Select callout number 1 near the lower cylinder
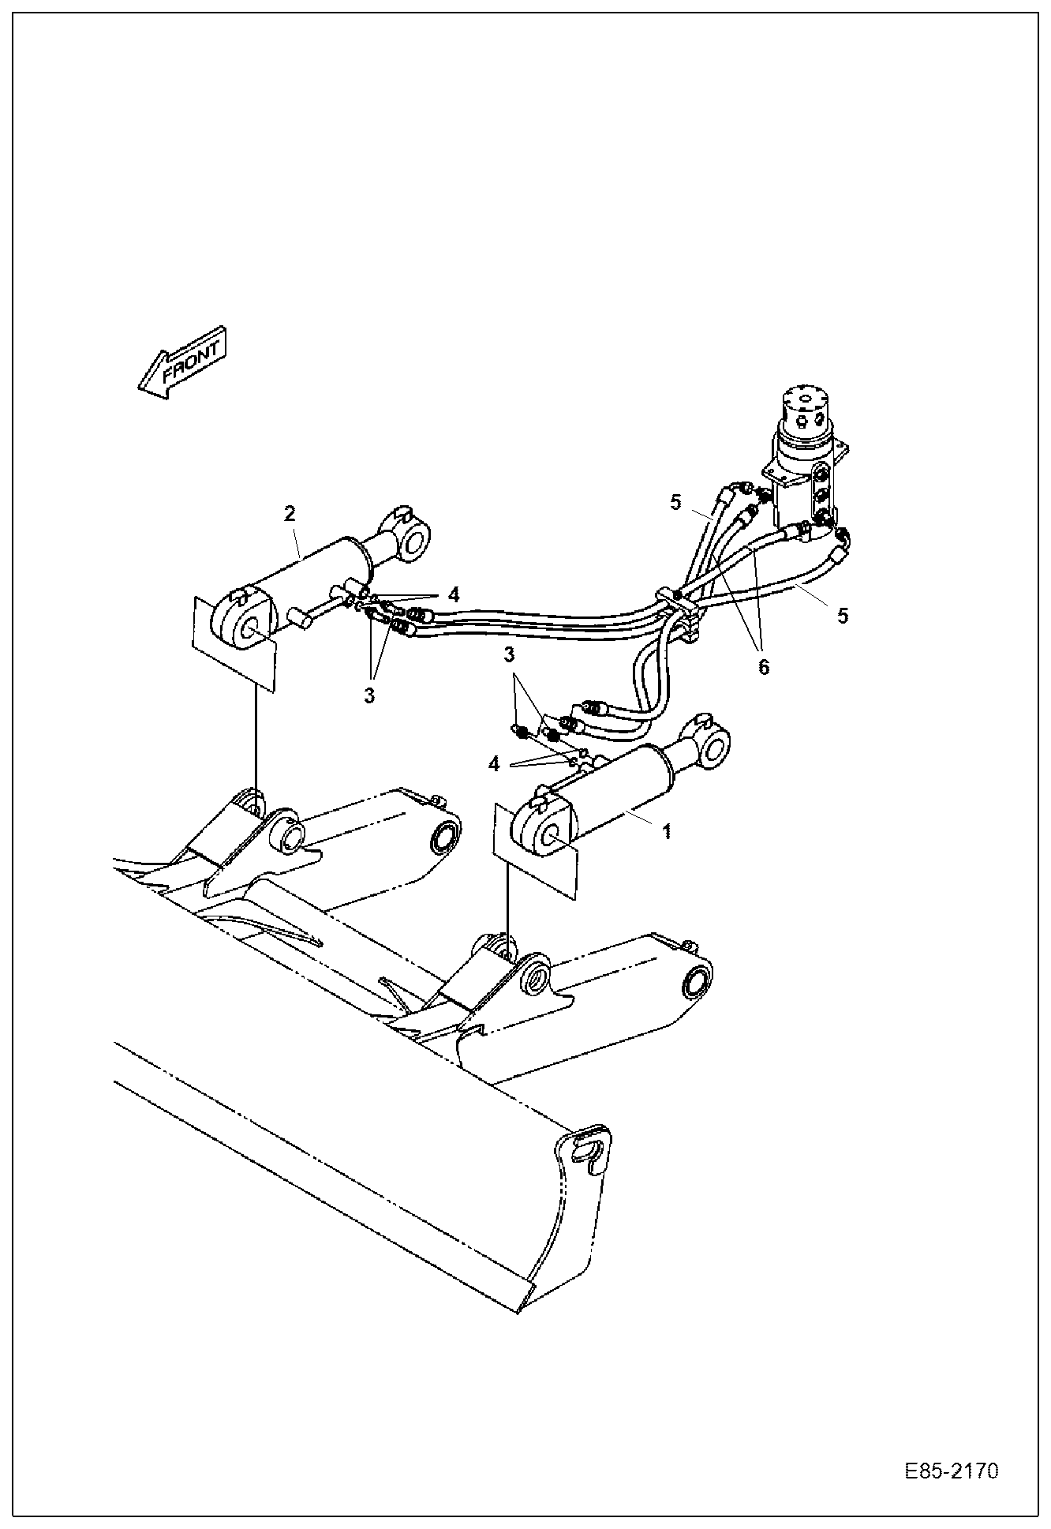[x=666, y=832]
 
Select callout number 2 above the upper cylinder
[x=290, y=513]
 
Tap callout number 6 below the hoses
[x=763, y=666]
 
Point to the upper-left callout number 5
[x=675, y=503]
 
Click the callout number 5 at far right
[x=843, y=616]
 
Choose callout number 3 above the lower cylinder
[x=510, y=654]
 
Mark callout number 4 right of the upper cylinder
[x=453, y=594]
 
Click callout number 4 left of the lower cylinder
[x=494, y=763]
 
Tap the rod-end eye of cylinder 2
[x=413, y=540]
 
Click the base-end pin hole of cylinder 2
[x=250, y=630]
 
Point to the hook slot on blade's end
[x=587, y=1146]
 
